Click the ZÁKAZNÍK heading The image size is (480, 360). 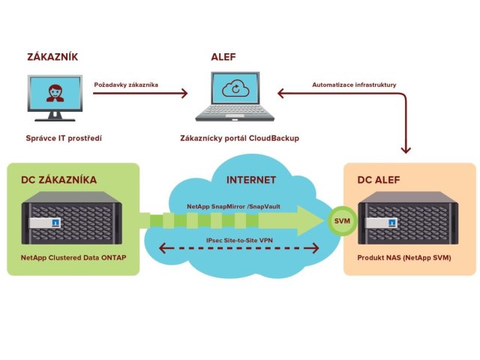[52, 56]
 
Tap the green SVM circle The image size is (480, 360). [341, 222]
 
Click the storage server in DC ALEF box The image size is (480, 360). [409, 221]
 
